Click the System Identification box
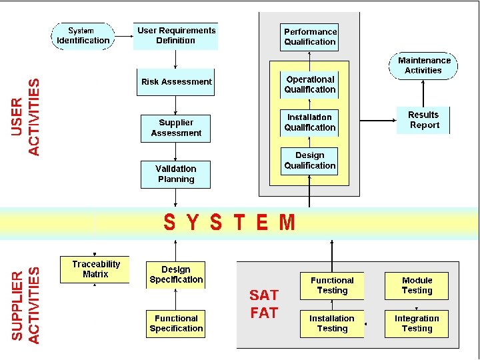(x=83, y=36)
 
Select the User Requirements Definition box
(x=177, y=36)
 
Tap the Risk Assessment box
(x=176, y=82)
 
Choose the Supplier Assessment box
(x=176, y=128)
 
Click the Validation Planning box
(x=176, y=174)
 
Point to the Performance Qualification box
(x=310, y=37)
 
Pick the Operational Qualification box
(x=310, y=85)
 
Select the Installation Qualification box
(x=310, y=123)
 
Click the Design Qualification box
(x=309, y=161)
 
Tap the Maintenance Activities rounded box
(x=423, y=65)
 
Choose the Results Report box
(x=423, y=120)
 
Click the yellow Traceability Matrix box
(x=95, y=269)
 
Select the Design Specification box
(x=176, y=275)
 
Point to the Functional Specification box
(x=176, y=323)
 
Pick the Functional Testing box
(x=332, y=285)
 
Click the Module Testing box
(x=417, y=285)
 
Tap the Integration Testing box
(x=417, y=323)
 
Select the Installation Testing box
(x=332, y=323)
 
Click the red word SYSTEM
(x=229, y=222)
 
